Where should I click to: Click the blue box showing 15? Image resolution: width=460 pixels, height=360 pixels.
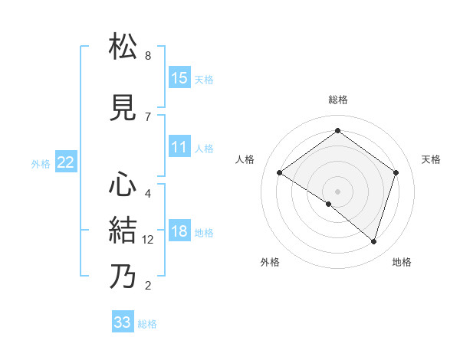pyautogui.click(x=179, y=78)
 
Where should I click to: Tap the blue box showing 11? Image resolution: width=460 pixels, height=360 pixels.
pyautogui.click(x=179, y=147)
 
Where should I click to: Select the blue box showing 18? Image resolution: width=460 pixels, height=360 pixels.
pyautogui.click(x=179, y=231)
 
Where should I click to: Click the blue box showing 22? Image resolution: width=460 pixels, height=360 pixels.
pyautogui.click(x=65, y=162)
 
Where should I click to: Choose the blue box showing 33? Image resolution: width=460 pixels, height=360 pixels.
pyautogui.click(x=123, y=322)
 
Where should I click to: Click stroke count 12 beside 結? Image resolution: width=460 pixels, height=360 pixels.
pyautogui.click(x=149, y=240)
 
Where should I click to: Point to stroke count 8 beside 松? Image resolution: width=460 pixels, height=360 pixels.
pyautogui.click(x=148, y=56)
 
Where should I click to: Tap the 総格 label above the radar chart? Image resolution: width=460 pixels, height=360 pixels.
pyautogui.click(x=337, y=100)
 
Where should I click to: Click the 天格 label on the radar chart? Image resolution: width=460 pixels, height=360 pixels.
pyautogui.click(x=431, y=159)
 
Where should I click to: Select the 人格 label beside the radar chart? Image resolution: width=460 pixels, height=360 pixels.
pyautogui.click(x=245, y=159)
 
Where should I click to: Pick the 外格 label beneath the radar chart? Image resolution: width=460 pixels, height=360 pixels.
pyautogui.click(x=270, y=262)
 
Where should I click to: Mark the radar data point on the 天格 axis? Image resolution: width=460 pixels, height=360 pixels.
pyautogui.click(x=396, y=172)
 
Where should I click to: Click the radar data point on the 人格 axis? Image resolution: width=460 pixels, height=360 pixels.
pyautogui.click(x=280, y=173)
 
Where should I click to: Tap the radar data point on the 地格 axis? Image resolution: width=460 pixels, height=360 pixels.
pyautogui.click(x=373, y=241)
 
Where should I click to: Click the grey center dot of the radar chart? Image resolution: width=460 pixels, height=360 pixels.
pyautogui.click(x=337, y=191)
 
